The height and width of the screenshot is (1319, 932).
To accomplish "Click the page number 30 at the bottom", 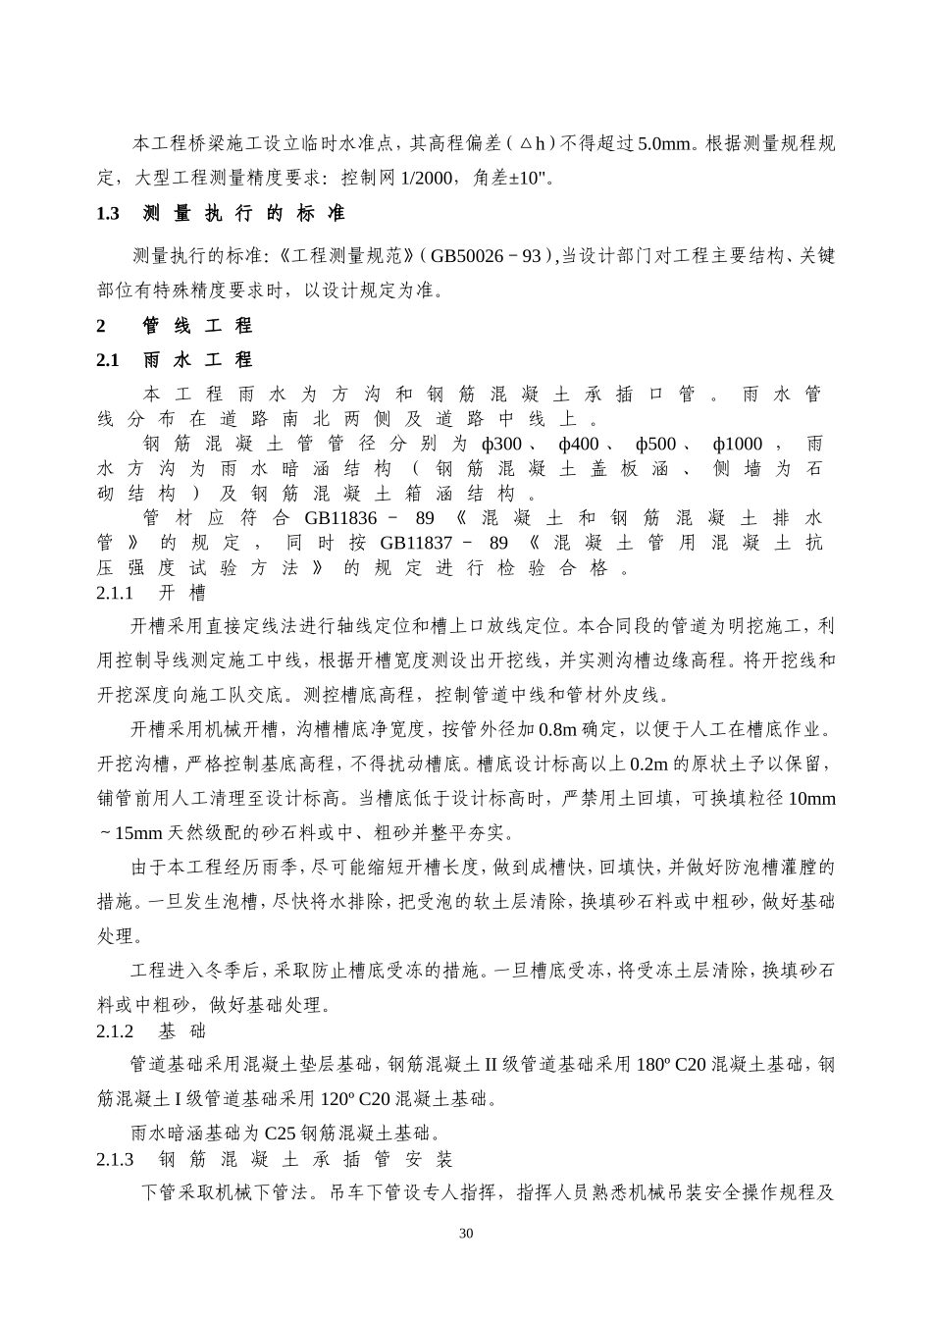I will (x=466, y=1234).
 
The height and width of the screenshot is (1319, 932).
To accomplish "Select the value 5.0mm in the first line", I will (x=664, y=143).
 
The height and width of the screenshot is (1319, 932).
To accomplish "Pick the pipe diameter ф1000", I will (x=737, y=445).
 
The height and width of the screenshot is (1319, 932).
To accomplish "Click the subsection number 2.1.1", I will (x=115, y=593).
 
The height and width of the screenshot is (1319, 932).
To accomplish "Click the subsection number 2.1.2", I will (x=115, y=1031).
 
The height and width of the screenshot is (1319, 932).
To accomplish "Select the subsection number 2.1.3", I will (x=115, y=1160).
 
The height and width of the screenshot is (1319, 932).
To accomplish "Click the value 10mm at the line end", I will (x=812, y=799).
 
